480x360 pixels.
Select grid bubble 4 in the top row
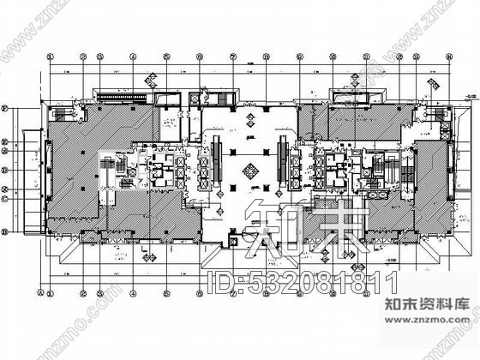click(x=134, y=57)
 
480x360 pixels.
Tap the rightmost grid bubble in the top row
click(x=448, y=57)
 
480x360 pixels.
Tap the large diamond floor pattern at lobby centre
click(x=251, y=170)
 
